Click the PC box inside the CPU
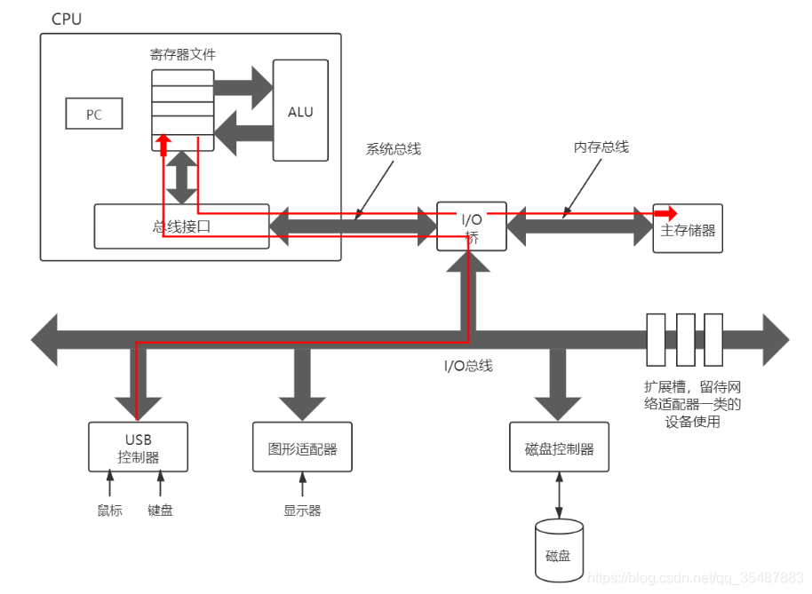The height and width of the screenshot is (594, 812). click(94, 114)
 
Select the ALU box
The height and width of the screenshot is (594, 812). click(300, 110)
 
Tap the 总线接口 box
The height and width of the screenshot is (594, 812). click(181, 226)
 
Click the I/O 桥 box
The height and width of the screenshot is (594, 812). click(471, 226)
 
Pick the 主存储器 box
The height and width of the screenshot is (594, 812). click(688, 228)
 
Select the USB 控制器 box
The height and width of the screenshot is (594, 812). click(138, 447)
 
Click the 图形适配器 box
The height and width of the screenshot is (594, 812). click(302, 447)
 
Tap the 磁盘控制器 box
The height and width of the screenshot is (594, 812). click(559, 447)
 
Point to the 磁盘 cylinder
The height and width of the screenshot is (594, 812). click(559, 550)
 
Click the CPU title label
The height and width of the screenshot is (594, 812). click(67, 20)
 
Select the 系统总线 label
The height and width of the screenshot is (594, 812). click(393, 149)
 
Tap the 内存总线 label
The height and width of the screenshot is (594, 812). click(601, 147)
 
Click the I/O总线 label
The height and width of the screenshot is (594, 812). click(468, 366)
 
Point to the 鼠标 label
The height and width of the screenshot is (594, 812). click(110, 511)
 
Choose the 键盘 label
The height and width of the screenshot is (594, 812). click(160, 511)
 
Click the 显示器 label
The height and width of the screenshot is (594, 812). click(302, 511)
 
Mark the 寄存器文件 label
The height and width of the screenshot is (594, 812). click(182, 54)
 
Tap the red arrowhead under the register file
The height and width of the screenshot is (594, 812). click(163, 145)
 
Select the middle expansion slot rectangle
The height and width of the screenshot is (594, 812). click(686, 339)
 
